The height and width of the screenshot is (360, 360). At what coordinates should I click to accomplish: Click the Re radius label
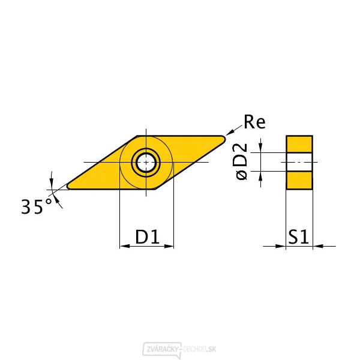(x=254, y=122)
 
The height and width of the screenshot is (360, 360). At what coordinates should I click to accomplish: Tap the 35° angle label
(x=36, y=206)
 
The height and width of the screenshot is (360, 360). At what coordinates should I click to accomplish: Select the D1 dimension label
(x=147, y=236)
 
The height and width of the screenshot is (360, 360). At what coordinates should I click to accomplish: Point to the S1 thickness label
(x=298, y=236)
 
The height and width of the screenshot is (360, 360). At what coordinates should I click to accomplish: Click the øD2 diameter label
(x=241, y=161)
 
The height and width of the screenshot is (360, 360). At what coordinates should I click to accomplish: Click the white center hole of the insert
(x=146, y=163)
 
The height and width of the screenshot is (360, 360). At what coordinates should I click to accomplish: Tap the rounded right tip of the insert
(x=224, y=139)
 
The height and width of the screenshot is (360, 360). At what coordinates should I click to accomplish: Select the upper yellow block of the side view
(x=299, y=144)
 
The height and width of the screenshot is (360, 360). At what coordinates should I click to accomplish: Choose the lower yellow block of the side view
(x=299, y=181)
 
